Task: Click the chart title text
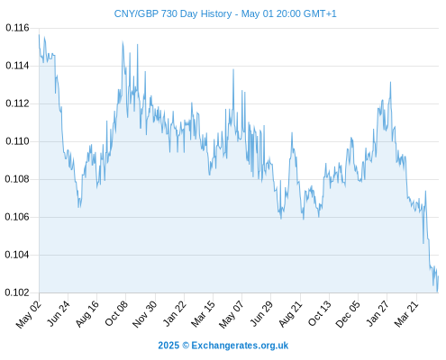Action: [225, 13]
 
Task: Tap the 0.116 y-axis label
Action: [17, 28]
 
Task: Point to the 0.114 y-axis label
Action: [17, 66]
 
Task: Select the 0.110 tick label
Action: [17, 141]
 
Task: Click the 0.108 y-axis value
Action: [17, 179]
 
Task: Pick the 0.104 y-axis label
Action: [17, 255]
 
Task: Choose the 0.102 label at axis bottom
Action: [17, 292]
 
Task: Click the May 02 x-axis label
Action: [29, 314]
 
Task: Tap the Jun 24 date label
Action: [59, 313]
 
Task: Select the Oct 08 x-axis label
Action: [116, 313]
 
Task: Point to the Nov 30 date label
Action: [145, 314]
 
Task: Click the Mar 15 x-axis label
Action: [203, 313]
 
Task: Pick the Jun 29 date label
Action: [261, 313]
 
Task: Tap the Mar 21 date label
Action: [406, 313]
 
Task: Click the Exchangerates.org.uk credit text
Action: [240, 346]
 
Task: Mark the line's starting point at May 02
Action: [39, 35]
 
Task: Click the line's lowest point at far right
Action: [437, 292]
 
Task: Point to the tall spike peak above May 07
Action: [233, 69]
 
